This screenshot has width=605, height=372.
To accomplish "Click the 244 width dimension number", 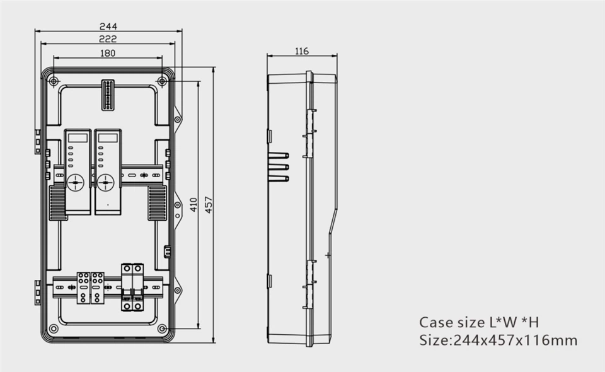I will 108,26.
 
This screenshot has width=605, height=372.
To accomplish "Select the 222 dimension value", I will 108,39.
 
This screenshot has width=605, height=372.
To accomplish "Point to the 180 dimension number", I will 108,54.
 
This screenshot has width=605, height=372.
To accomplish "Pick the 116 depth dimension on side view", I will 302,51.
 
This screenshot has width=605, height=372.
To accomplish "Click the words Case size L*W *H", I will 479,322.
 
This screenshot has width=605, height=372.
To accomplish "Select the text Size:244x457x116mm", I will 498,341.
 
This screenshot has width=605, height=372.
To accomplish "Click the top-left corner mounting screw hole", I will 54,81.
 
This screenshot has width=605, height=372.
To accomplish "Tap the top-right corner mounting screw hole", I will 162,81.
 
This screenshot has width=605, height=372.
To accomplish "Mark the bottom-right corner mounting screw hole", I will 162,328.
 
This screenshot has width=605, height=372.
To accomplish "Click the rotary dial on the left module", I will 76,183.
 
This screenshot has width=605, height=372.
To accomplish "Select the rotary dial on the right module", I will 105,183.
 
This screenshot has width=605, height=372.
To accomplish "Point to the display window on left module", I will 78,137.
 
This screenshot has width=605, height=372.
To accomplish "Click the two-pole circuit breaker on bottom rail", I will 132,287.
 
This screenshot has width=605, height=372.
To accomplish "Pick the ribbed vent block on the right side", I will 157,202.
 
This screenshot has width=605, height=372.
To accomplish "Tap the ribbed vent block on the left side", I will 58,202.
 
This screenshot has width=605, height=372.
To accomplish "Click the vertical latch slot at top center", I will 108,95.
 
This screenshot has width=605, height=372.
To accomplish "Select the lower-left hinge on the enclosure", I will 38,291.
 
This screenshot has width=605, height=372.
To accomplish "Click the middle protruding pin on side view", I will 278,167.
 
